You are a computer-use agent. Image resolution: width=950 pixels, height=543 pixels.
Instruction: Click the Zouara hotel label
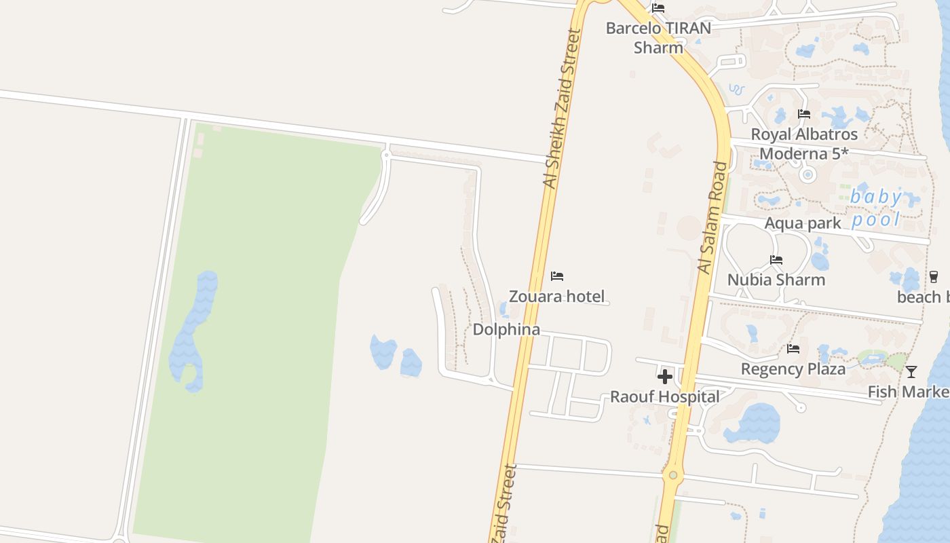coord(556,296)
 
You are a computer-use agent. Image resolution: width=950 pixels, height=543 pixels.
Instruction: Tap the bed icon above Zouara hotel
coord(557,276)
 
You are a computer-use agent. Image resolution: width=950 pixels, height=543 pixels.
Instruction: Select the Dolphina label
coord(506,330)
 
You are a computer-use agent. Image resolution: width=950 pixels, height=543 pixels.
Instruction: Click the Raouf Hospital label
coord(664,396)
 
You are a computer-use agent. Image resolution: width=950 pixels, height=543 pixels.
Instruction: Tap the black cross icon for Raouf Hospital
coord(665,377)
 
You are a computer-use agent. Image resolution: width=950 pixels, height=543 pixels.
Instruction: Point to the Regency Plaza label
coord(793,369)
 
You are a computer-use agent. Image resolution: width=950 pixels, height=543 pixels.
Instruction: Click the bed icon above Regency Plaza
coord(793,349)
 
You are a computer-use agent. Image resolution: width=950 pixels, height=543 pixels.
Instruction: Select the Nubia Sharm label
coord(776,280)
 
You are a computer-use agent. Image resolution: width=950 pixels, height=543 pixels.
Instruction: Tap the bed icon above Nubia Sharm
coord(776,260)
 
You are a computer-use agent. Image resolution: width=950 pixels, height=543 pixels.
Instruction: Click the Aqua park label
coord(802,223)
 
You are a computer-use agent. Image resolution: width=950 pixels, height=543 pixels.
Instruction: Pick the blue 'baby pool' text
coord(877,208)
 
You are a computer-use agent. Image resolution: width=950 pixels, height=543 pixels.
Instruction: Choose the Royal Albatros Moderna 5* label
coord(804,144)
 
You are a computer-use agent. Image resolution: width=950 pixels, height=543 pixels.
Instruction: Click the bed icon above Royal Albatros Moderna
coord(804,114)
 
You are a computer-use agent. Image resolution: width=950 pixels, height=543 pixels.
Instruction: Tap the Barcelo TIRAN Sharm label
coord(658,38)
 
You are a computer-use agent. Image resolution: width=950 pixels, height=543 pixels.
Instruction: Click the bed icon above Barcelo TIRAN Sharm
coord(658,8)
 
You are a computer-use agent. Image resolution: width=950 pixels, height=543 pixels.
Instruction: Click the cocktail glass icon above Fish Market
coord(911,371)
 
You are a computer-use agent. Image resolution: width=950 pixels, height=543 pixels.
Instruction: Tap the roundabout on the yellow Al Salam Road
coord(672,475)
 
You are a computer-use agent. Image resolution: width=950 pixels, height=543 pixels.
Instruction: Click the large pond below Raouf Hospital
coord(755,424)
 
